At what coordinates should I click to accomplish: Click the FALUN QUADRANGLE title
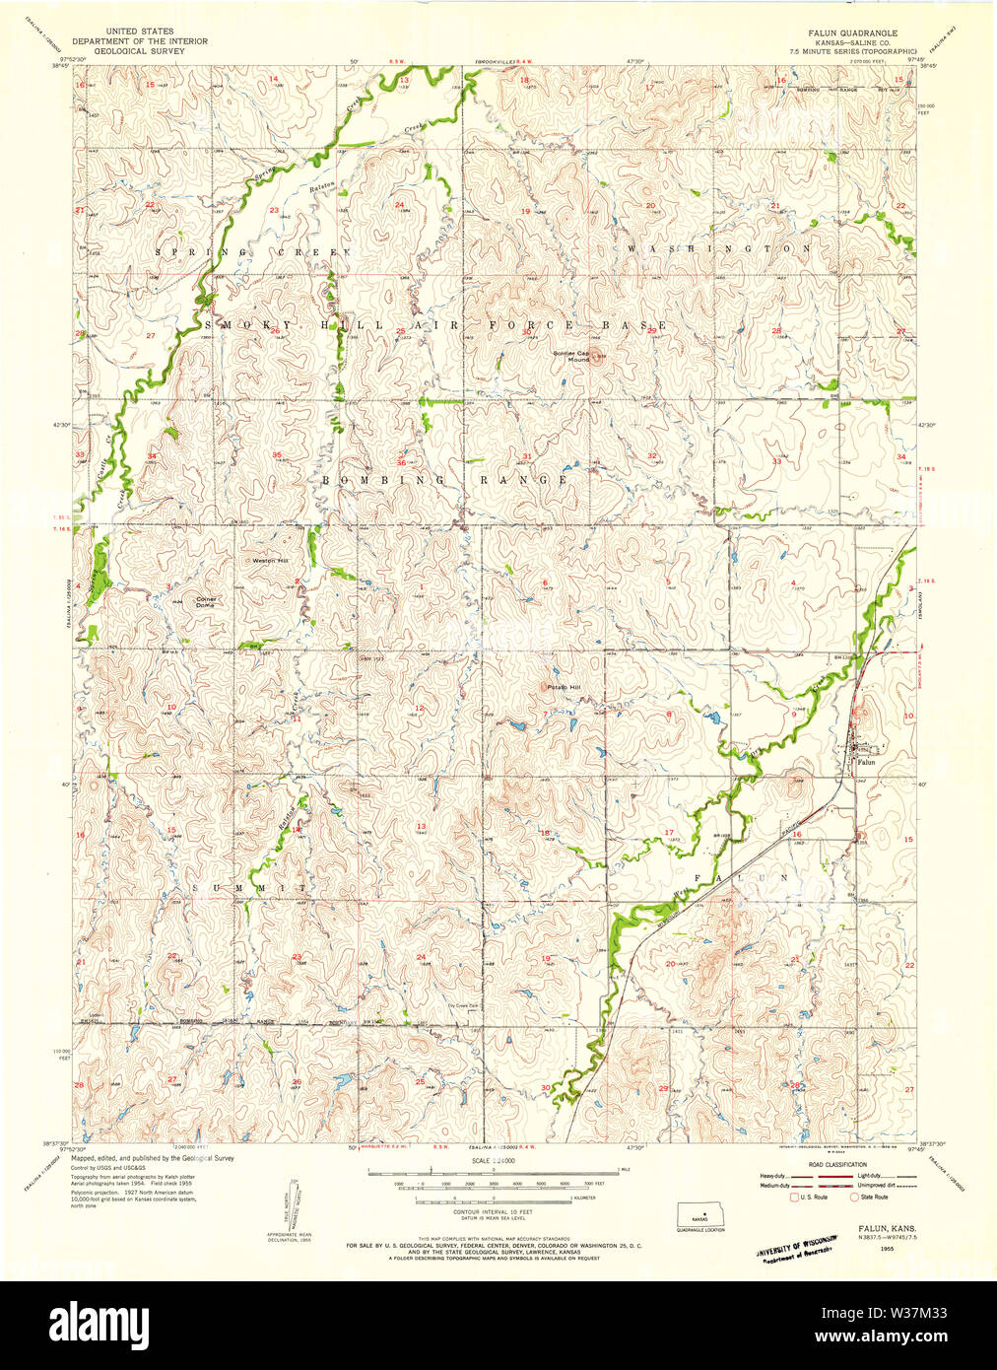pyautogui.click(x=852, y=33)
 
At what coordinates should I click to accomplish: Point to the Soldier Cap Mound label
pyautogui.click(x=570, y=356)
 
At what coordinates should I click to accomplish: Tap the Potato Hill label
pyautogui.click(x=564, y=687)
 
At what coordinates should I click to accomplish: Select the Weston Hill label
pyautogui.click(x=270, y=560)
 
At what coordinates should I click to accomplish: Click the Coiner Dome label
pyautogui.click(x=205, y=601)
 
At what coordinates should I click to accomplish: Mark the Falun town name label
pyautogui.click(x=866, y=762)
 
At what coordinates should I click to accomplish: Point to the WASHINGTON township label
pyautogui.click(x=719, y=248)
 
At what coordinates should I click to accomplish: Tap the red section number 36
pyautogui.click(x=401, y=462)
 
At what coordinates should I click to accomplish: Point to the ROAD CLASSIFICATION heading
pyautogui.click(x=836, y=1164)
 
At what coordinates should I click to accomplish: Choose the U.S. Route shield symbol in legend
pyautogui.click(x=793, y=1197)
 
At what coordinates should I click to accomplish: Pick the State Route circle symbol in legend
pyautogui.click(x=854, y=1197)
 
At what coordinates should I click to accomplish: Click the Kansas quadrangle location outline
pyautogui.click(x=699, y=1214)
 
